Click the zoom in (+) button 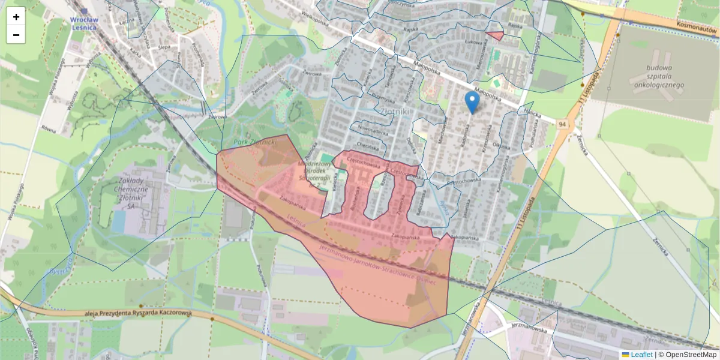coord(16,17)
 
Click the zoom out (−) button coord(16,35)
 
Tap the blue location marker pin coord(473,102)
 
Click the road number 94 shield coord(562,124)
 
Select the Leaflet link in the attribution coord(641,355)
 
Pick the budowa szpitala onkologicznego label coord(659,76)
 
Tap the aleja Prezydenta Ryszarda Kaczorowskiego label coord(137,313)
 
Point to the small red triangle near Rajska coord(496,35)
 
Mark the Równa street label coord(49,127)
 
